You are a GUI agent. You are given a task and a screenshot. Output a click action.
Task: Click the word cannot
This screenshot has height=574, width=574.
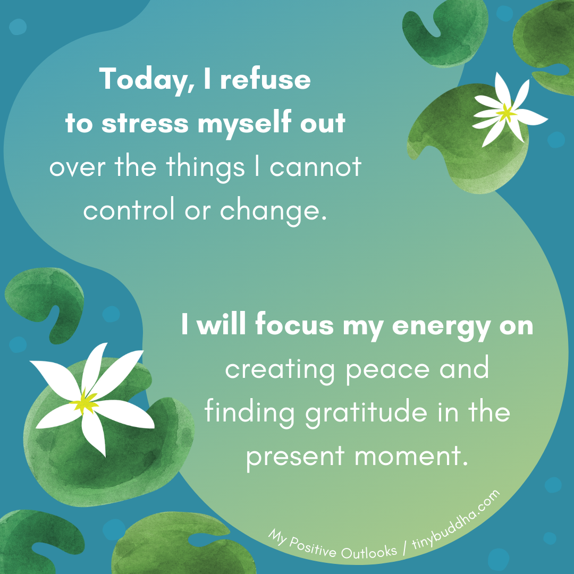tap(315, 168)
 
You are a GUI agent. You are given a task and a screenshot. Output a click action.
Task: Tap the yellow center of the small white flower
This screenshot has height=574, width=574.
tap(507, 112)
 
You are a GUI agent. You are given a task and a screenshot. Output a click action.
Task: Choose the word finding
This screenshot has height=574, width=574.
tap(250, 413)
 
